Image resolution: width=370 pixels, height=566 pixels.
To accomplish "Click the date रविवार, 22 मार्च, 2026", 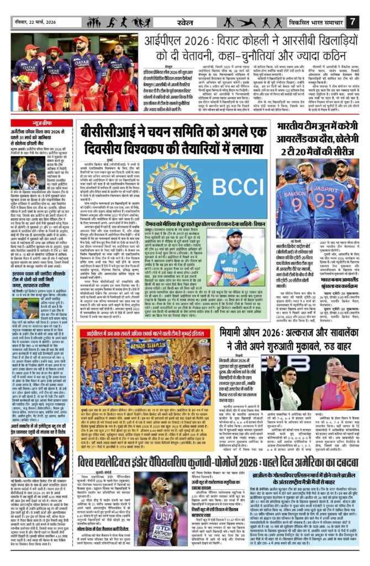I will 35,22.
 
